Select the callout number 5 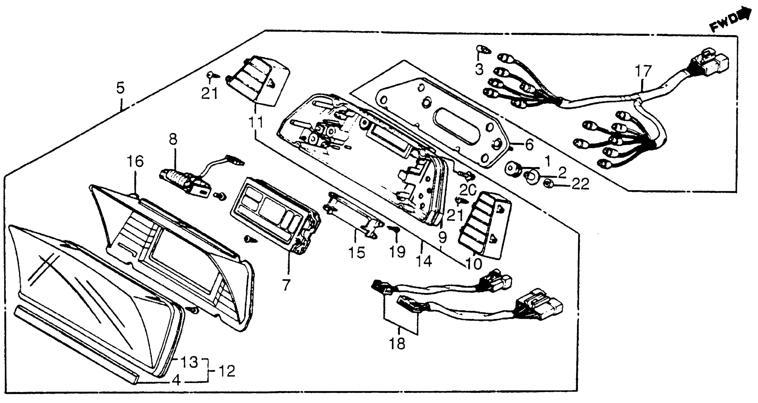coord(120,88)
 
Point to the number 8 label coord(173,140)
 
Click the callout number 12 coord(227,371)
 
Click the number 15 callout coord(357,252)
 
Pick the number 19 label coord(397,252)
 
